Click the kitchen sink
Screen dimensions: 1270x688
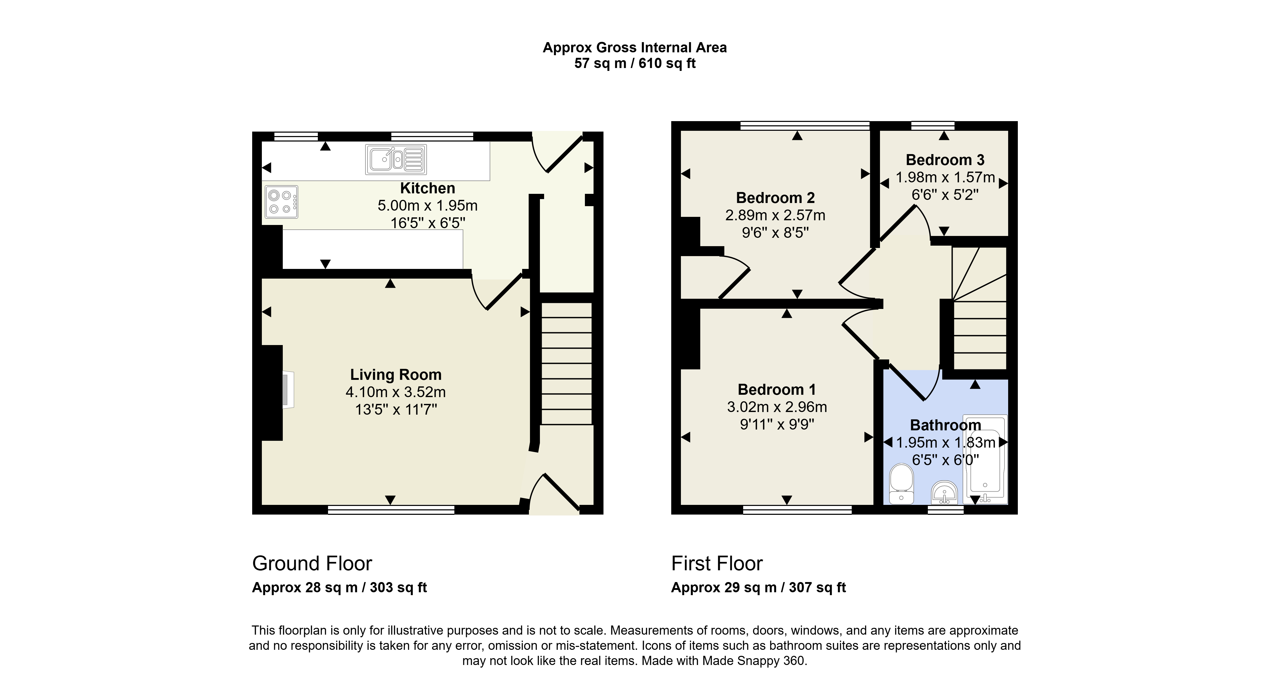(396, 159)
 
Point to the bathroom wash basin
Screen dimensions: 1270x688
(944, 493)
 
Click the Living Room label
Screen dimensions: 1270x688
(396, 375)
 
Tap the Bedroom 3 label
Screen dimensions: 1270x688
(945, 160)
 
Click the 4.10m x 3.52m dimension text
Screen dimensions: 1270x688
(396, 392)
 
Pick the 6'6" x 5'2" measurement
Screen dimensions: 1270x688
(945, 195)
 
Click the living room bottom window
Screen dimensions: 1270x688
(391, 510)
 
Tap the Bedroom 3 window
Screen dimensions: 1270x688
(933, 126)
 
